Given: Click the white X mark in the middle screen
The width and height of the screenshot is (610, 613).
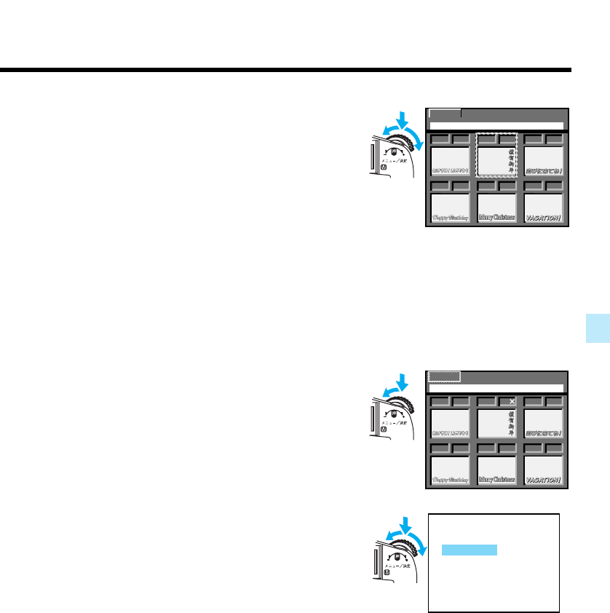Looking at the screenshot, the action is pyautogui.click(x=512, y=402).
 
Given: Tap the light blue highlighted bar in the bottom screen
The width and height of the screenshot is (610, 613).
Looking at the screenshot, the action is pyautogui.click(x=470, y=550).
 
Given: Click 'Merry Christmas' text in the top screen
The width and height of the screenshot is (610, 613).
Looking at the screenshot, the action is pyautogui.click(x=496, y=217).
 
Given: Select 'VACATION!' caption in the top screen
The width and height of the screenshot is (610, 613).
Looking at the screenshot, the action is pyautogui.click(x=544, y=217).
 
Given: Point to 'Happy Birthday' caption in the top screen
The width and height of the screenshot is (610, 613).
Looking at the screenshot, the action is pyautogui.click(x=449, y=217).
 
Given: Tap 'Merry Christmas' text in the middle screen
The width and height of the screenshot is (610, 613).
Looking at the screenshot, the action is pyautogui.click(x=496, y=480).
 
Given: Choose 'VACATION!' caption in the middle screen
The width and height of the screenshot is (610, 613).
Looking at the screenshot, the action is pyautogui.click(x=544, y=480).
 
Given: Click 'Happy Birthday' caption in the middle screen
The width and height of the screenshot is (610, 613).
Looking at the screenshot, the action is pyautogui.click(x=449, y=480).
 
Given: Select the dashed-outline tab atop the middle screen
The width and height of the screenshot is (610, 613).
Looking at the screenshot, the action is pyautogui.click(x=444, y=376).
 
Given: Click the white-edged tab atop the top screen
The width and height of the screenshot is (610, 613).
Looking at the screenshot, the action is pyautogui.click(x=444, y=114).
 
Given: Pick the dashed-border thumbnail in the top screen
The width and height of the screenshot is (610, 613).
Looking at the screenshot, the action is pyautogui.click(x=496, y=154).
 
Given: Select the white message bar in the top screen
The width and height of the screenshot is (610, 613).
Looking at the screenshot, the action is pyautogui.click(x=496, y=125).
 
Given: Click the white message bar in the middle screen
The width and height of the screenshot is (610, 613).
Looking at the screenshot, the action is pyautogui.click(x=496, y=388).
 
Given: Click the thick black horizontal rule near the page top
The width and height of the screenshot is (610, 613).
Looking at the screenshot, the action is pyautogui.click(x=285, y=71).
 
